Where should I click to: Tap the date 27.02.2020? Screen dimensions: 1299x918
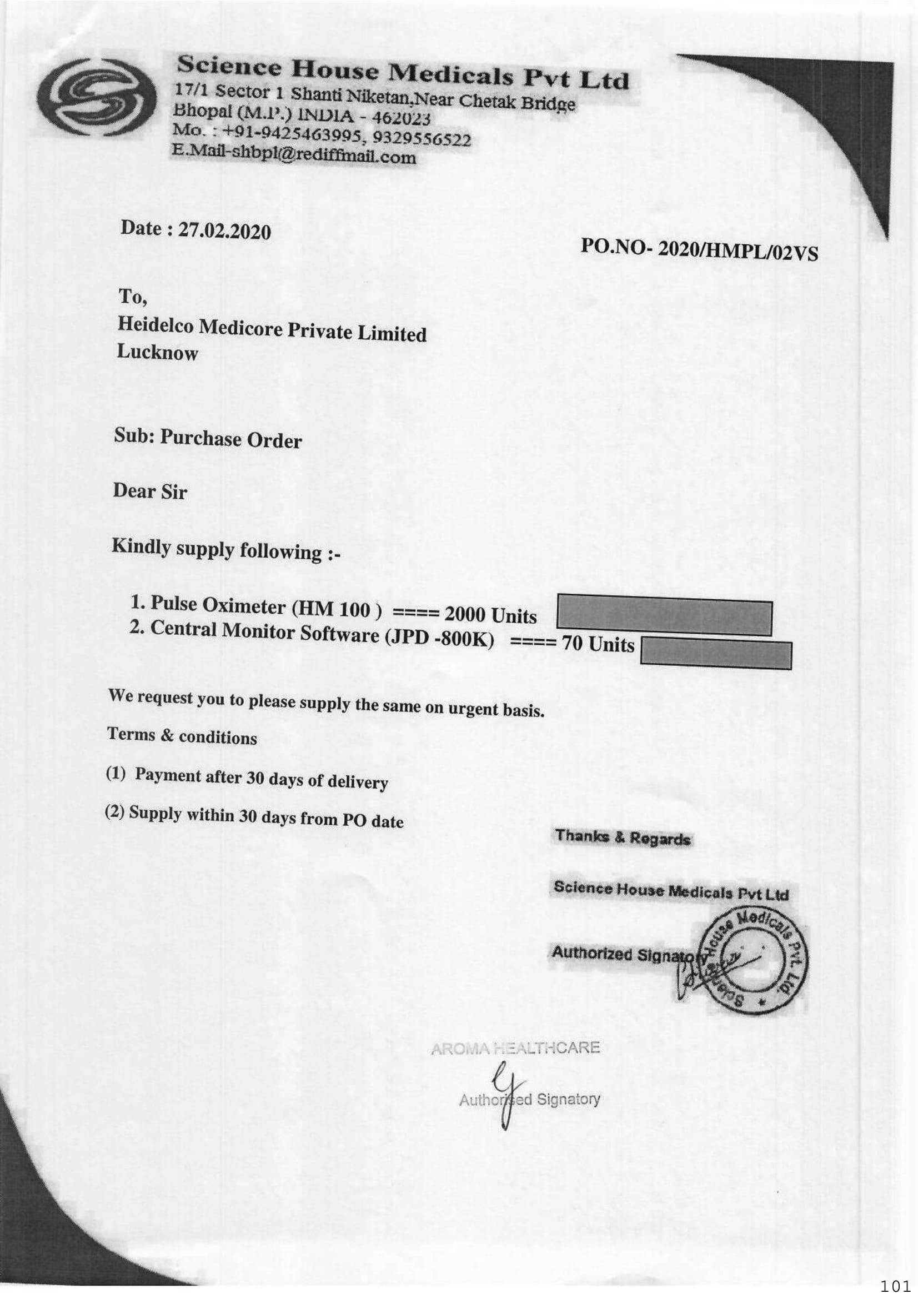(224, 231)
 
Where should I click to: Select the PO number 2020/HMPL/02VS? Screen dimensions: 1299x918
(738, 250)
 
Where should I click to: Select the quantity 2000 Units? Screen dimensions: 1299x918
(490, 614)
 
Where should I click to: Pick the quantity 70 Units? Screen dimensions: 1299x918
(598, 644)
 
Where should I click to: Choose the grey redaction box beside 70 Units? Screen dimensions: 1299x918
(715, 655)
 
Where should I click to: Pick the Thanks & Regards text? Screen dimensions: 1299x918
(622, 837)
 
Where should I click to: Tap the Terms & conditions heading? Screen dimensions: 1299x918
(182, 736)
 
